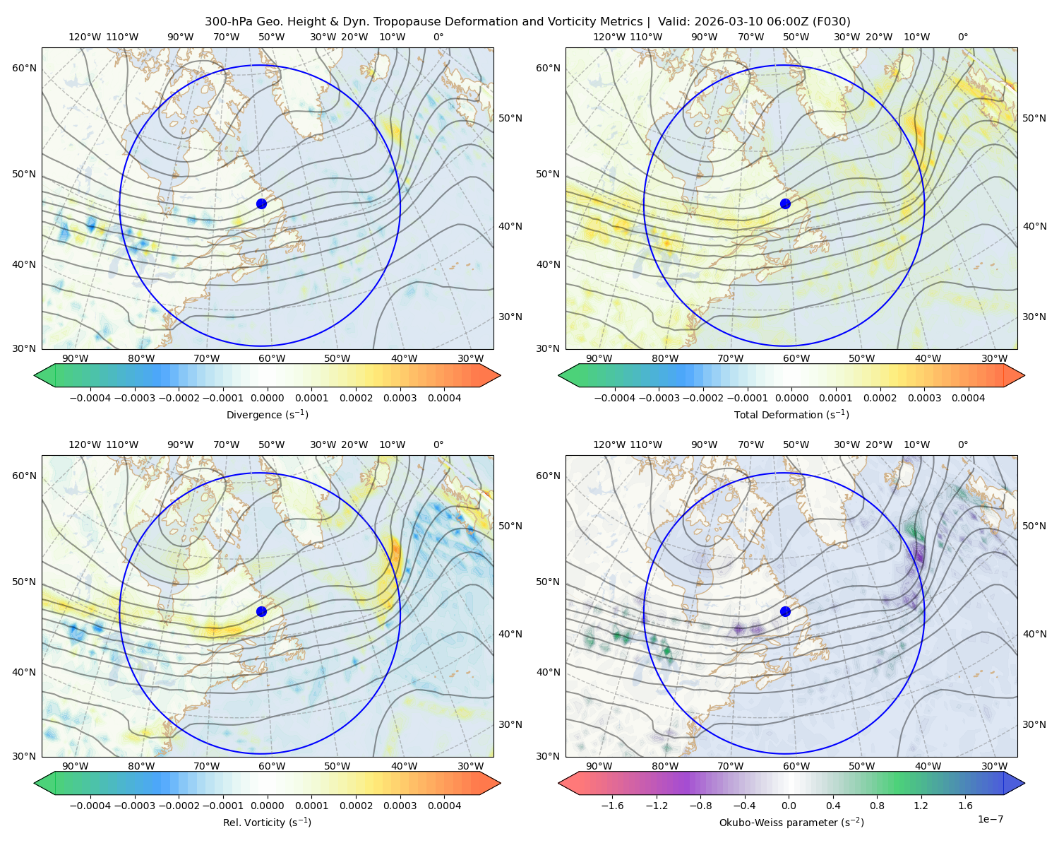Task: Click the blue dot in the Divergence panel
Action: click(x=261, y=204)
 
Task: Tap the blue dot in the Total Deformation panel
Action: click(x=785, y=204)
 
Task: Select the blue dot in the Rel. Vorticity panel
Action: click(x=261, y=611)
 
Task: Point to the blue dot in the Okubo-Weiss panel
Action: click(x=785, y=611)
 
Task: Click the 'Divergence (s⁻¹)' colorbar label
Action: click(x=267, y=414)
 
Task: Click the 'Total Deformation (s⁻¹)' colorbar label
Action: click(x=791, y=414)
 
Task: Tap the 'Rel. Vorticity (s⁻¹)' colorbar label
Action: click(x=267, y=822)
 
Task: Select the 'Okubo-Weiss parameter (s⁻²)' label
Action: click(x=791, y=822)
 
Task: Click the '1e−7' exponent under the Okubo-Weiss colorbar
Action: click(x=990, y=819)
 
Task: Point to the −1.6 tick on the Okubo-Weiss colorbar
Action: click(x=612, y=805)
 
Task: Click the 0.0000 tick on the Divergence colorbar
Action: click(x=267, y=398)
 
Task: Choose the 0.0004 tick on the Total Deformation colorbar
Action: click(x=968, y=398)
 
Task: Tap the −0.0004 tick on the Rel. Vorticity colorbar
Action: click(x=90, y=805)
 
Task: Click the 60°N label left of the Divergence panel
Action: click(x=24, y=68)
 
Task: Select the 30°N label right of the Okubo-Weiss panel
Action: click(x=1034, y=724)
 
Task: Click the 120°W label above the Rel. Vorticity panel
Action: click(x=85, y=444)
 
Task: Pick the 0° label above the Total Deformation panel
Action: click(x=962, y=37)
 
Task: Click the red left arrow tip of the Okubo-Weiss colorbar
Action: click(x=559, y=783)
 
